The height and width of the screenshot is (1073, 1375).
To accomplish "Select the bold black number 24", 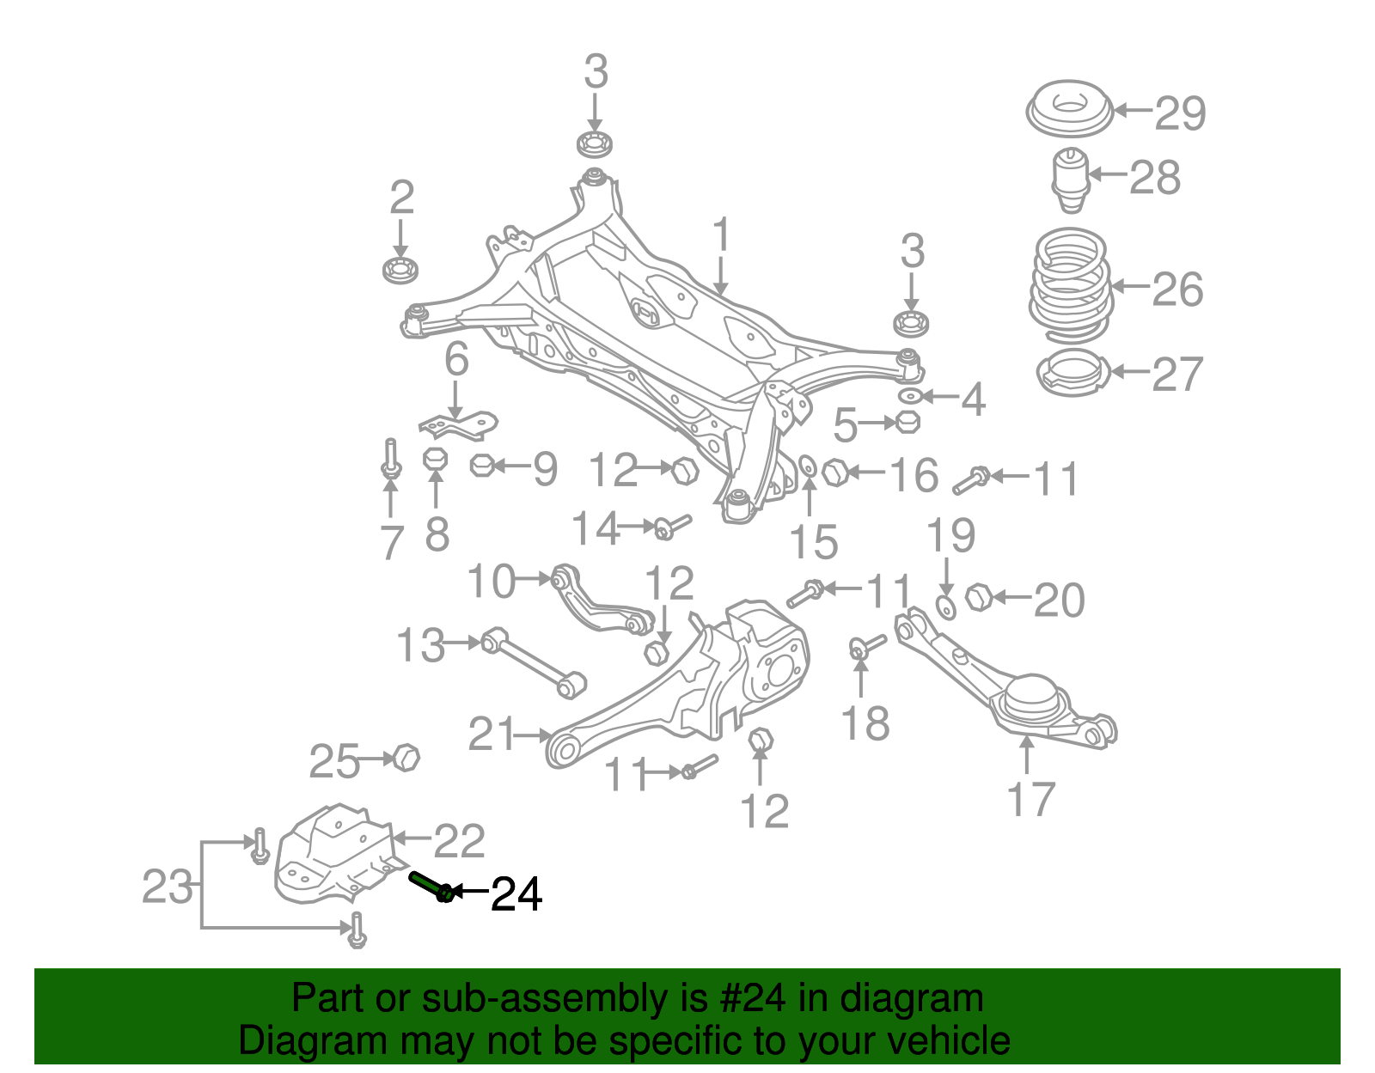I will coord(516,894).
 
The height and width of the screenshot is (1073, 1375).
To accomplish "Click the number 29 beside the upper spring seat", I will coord(1180,113).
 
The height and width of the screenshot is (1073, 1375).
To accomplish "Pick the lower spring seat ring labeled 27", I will coord(1072,374).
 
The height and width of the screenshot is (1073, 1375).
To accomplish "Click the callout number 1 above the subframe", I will coord(721,235).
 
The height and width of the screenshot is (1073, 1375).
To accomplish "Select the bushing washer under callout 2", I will coord(400,269).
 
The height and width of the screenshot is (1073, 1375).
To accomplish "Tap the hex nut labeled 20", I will coord(978,597).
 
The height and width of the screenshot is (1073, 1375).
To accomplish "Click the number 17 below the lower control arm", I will coord(1030,799).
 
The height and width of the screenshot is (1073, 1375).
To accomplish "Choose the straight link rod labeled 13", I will coord(533,662).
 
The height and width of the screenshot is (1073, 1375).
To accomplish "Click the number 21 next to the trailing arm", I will coord(492,735).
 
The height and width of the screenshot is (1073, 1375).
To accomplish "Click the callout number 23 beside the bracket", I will coord(167,886).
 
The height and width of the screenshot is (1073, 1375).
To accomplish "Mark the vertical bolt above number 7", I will coord(391,459).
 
